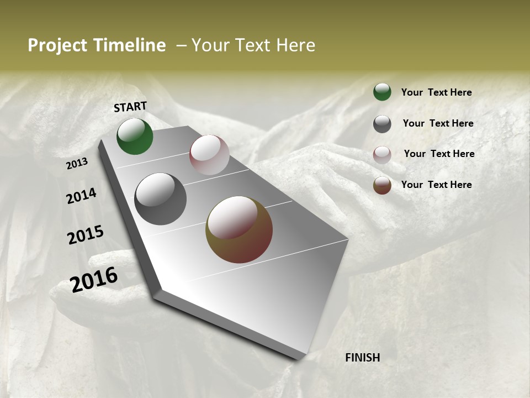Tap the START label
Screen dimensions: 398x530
click(130, 107)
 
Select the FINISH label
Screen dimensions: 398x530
click(363, 358)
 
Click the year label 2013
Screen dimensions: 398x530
click(77, 164)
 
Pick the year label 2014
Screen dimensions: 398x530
click(81, 196)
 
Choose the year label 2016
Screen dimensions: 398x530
click(94, 280)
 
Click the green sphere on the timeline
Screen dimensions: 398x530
click(135, 136)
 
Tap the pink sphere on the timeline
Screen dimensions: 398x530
click(209, 155)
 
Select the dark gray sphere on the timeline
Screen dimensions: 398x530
click(161, 199)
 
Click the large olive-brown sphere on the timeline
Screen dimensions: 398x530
click(239, 229)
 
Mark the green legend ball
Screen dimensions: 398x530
click(382, 92)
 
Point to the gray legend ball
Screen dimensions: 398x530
click(382, 124)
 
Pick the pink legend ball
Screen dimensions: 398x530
click(382, 154)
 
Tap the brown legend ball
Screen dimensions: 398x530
click(382, 185)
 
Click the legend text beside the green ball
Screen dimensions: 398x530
click(437, 93)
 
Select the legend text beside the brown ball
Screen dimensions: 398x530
click(437, 185)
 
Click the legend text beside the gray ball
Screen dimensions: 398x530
click(438, 123)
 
